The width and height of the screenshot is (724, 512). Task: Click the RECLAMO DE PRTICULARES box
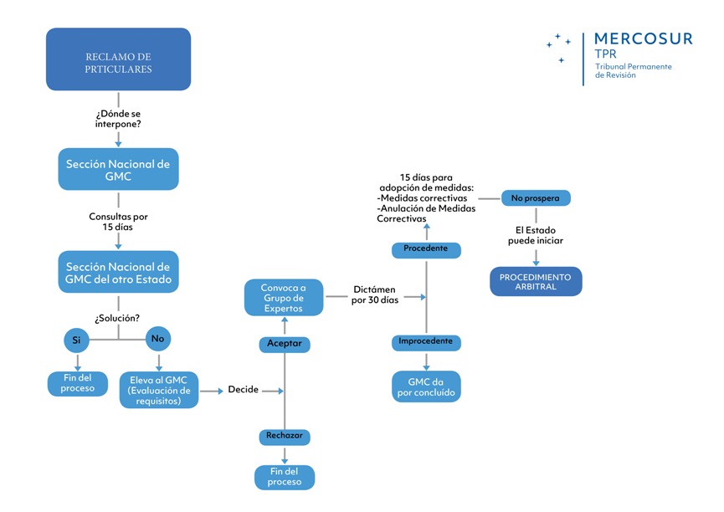118,59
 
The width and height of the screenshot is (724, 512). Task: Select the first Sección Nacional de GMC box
118,170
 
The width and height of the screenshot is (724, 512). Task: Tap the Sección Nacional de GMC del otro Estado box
118,272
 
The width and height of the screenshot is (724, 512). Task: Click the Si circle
77,340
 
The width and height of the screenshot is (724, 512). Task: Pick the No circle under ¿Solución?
158,340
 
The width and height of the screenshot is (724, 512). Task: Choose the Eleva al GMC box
159,389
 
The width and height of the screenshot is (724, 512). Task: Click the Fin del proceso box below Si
77,382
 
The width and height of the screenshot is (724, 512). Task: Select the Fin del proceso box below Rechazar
285,477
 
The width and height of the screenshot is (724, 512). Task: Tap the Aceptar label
285,344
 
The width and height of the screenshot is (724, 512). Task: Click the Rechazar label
285,436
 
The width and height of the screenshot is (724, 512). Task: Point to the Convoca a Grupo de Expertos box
284,298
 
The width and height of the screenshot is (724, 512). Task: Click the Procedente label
426,249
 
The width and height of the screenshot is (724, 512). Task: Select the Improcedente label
426,341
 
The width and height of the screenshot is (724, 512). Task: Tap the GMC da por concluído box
426,387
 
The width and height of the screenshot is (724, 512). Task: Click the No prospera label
536,198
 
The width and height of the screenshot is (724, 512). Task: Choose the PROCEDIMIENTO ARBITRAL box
536,281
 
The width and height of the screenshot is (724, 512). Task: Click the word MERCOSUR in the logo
642,38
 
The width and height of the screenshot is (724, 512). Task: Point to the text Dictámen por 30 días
375,294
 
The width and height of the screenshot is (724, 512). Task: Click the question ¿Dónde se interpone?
118,118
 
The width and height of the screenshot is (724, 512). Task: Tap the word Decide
243,390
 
